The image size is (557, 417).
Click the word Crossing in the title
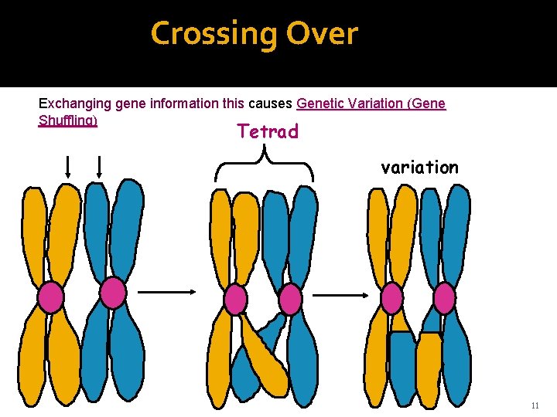pyautogui.click(x=214, y=34)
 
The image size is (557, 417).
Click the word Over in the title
pyautogui.click(x=322, y=34)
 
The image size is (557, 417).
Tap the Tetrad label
pyautogui.click(x=268, y=132)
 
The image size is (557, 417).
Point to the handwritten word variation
pyautogui.click(x=419, y=167)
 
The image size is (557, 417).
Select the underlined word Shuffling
pyautogui.click(x=68, y=121)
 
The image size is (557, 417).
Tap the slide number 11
pyautogui.click(x=535, y=406)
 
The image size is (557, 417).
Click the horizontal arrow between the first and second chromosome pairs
pyautogui.click(x=167, y=292)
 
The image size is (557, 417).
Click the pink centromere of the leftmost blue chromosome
pyautogui.click(x=113, y=293)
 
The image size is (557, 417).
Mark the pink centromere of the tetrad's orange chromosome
pyautogui.click(x=235, y=300)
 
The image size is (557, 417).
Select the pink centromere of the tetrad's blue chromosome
pyautogui.click(x=290, y=299)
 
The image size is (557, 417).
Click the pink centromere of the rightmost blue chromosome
pyautogui.click(x=444, y=298)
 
